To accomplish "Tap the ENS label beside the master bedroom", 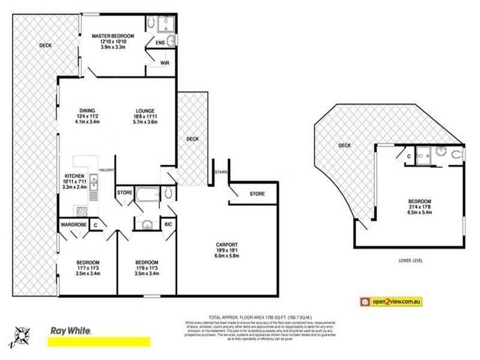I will coord(160,43).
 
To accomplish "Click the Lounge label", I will coord(145,110).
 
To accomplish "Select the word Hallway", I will coord(106,169).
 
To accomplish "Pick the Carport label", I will coord(227,244).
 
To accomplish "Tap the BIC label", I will coord(169,225).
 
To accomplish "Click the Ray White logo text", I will coord(69,331).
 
